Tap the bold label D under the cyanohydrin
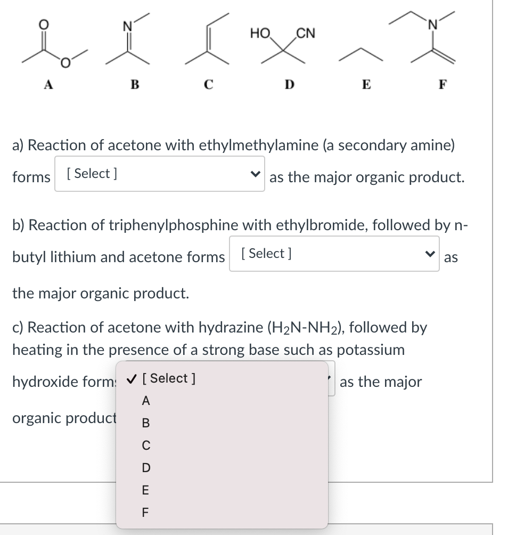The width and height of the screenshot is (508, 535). point(289,84)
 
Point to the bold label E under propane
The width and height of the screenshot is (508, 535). point(366,84)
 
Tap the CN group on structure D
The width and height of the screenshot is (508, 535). point(305,34)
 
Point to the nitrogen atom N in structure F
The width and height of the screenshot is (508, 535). point(435,23)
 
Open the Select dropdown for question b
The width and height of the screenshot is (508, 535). point(334,254)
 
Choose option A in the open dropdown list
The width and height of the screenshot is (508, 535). point(146,401)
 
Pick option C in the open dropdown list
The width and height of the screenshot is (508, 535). point(146,445)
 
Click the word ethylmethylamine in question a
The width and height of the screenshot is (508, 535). point(259,145)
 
